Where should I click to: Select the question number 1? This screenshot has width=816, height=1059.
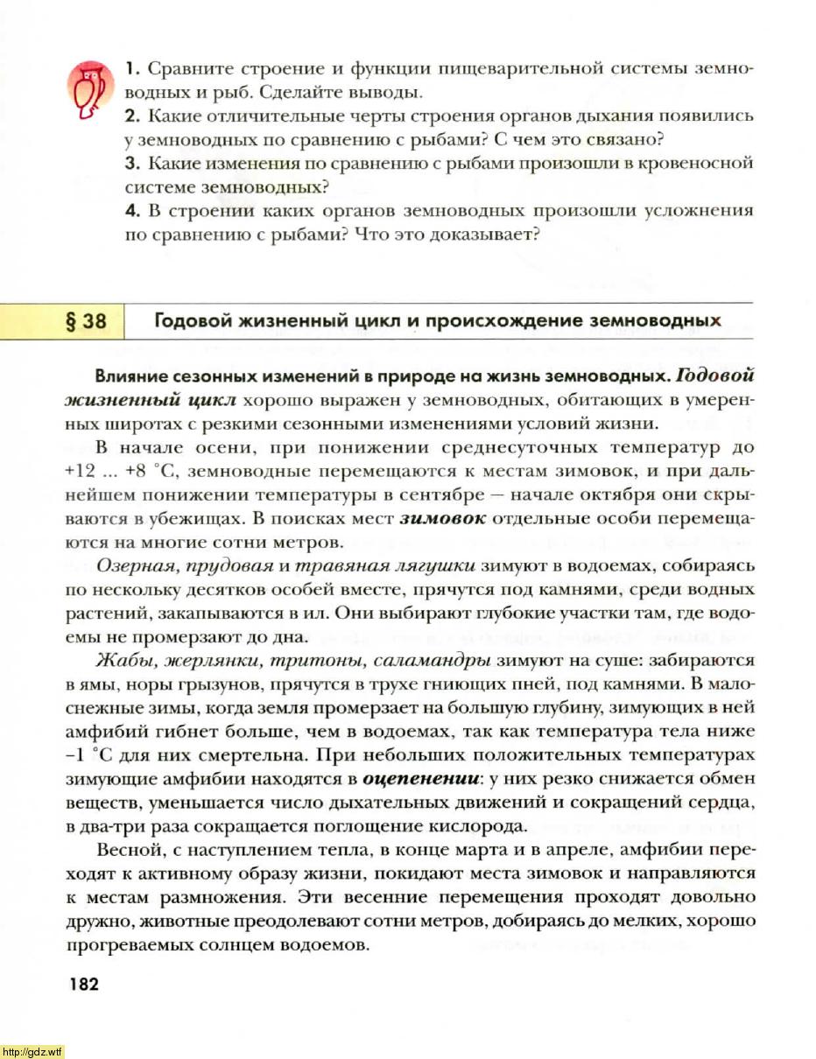(131, 68)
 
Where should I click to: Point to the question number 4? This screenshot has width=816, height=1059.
(130, 211)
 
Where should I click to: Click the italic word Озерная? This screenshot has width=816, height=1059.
(130, 565)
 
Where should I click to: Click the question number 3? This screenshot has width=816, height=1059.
(131, 164)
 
